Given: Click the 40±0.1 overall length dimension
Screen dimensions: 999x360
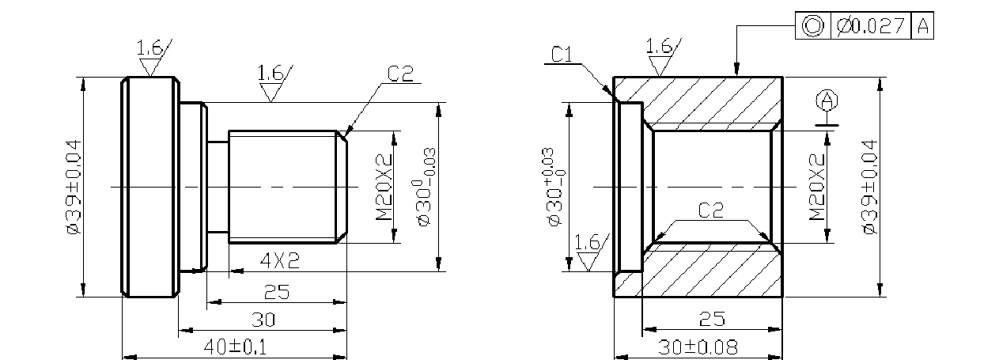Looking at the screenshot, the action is (235, 347).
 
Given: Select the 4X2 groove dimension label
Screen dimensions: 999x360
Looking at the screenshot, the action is (280, 261).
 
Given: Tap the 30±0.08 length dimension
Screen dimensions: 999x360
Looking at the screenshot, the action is (698, 347).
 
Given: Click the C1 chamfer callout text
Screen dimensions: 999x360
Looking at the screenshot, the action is (561, 55).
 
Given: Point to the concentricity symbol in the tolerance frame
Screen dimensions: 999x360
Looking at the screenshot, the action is (812, 25).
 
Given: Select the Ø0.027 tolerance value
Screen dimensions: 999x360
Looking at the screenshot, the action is (871, 25).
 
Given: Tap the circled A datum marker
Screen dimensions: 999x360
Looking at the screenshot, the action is (827, 100).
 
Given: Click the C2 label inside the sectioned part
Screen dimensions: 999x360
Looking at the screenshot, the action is (711, 210).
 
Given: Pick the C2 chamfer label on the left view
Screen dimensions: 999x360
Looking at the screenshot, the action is (400, 74).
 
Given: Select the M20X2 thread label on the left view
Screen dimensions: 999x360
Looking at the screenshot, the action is (384, 188).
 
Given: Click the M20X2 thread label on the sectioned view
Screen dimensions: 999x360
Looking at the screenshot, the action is (817, 188).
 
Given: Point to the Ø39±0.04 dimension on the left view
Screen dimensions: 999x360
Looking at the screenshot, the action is (74, 187).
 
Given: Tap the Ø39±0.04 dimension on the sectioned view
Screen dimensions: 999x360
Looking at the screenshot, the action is (869, 187).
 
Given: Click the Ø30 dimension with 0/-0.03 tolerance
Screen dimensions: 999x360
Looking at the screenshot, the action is (425, 188).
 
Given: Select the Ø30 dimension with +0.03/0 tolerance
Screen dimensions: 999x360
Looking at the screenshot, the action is (554, 188).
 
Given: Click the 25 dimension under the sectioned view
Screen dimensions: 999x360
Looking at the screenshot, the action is (712, 319).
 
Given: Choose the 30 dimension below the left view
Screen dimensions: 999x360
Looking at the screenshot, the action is (263, 320).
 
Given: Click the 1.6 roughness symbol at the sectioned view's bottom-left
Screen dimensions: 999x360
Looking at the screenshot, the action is (591, 252).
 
